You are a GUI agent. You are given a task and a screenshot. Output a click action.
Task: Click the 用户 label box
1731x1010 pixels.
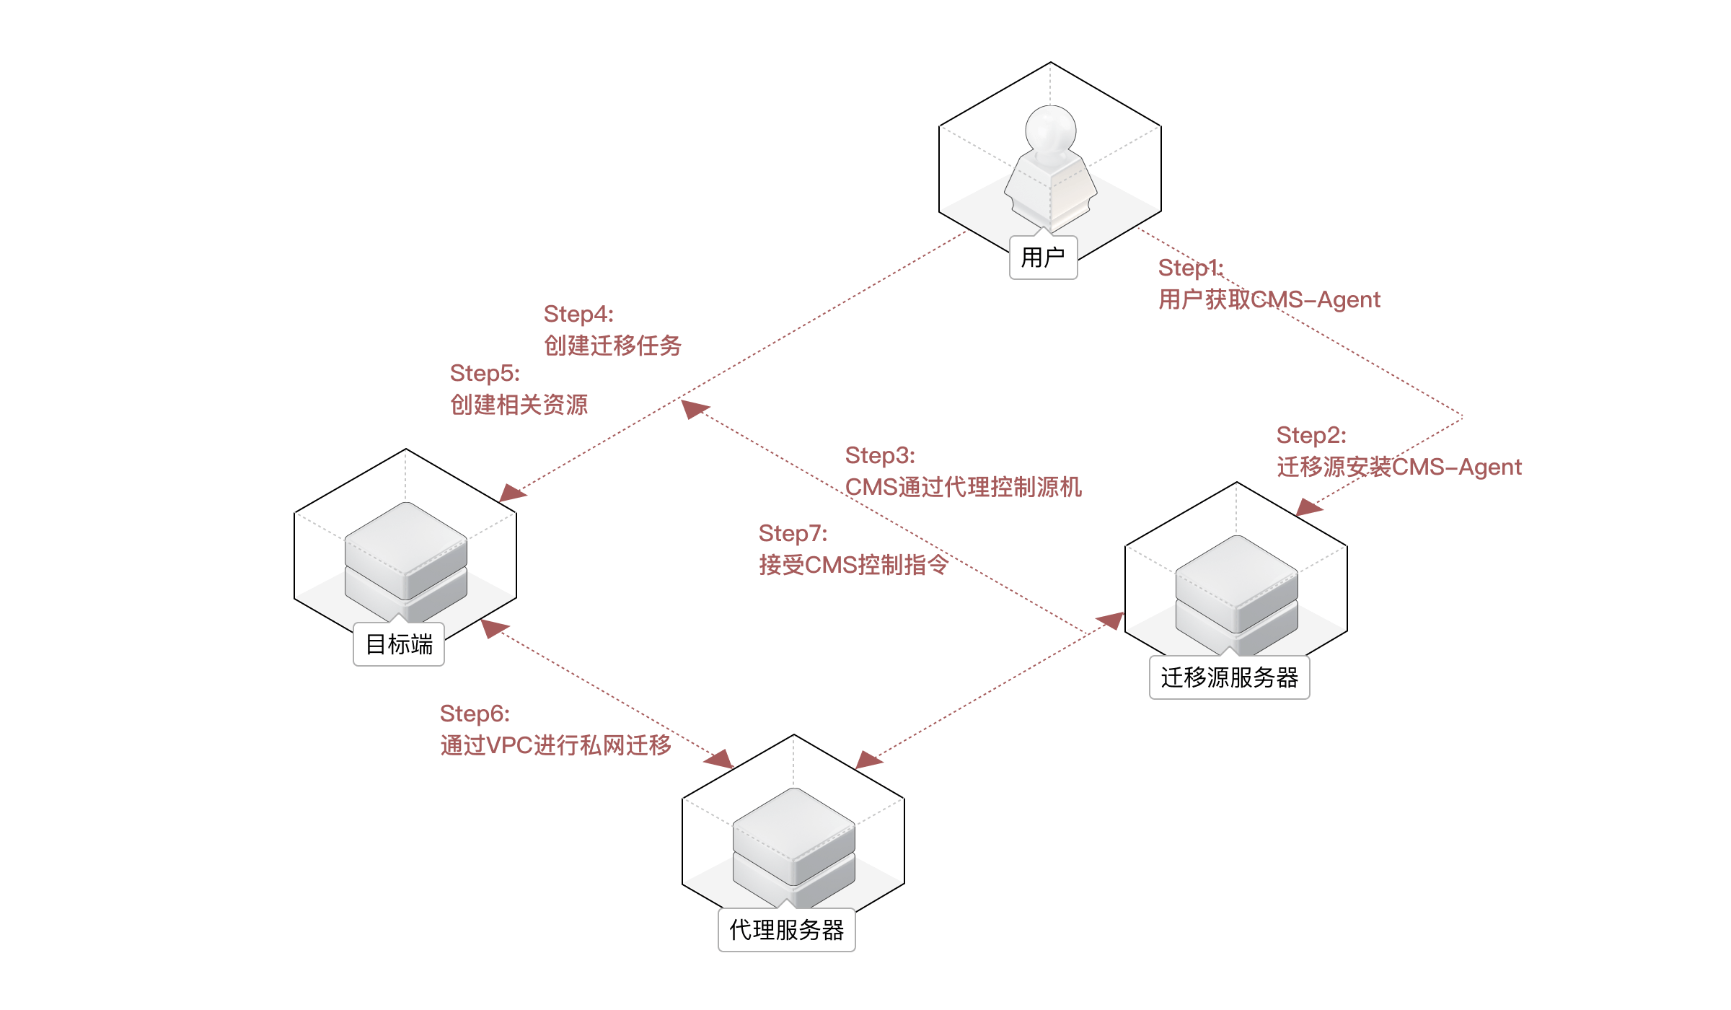tap(1043, 258)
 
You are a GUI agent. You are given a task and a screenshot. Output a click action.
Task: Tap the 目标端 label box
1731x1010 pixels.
tap(399, 644)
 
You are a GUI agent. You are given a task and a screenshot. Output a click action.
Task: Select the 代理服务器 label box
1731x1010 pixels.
tap(786, 930)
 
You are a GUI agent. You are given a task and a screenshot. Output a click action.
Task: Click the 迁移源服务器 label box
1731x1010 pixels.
tap(1229, 677)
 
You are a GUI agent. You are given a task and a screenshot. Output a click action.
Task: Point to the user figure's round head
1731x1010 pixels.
tap(1050, 130)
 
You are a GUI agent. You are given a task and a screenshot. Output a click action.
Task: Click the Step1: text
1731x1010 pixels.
tap(1190, 268)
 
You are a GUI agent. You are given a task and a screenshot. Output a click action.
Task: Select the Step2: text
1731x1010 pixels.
tap(1311, 435)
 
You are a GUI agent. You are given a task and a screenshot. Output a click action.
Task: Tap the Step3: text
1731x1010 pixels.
tap(879, 455)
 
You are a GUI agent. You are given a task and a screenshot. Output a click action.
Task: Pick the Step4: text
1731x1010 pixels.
tap(578, 314)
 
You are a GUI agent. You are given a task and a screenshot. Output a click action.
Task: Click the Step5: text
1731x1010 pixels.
tap(484, 373)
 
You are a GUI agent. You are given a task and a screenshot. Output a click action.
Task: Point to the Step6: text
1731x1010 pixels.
tap(475, 713)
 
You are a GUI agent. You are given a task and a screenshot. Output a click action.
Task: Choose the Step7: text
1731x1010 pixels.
tap(793, 533)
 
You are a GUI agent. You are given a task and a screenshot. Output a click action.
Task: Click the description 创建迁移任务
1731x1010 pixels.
tap(612, 346)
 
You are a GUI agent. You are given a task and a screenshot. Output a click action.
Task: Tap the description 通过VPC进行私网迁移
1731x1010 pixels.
tap(555, 745)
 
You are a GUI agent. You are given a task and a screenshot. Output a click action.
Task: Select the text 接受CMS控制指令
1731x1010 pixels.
tap(853, 565)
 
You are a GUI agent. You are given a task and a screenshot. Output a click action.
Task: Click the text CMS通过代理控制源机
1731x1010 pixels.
tap(963, 487)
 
